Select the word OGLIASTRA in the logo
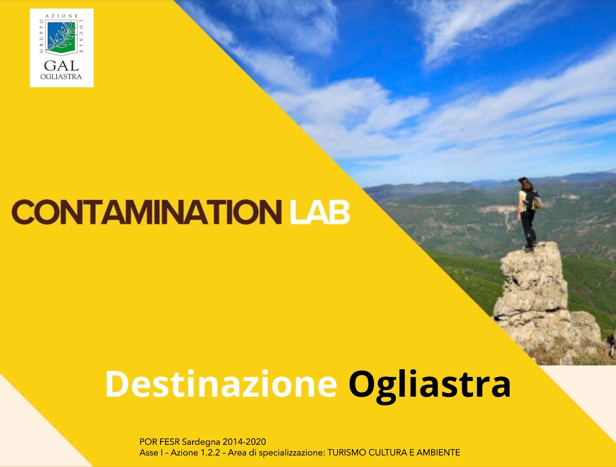pyautogui.click(x=61, y=76)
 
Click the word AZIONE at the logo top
pyautogui.click(x=62, y=16)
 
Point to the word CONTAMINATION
pyautogui.click(x=147, y=212)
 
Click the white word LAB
pyautogui.click(x=319, y=212)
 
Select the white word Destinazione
pyautogui.click(x=221, y=384)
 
